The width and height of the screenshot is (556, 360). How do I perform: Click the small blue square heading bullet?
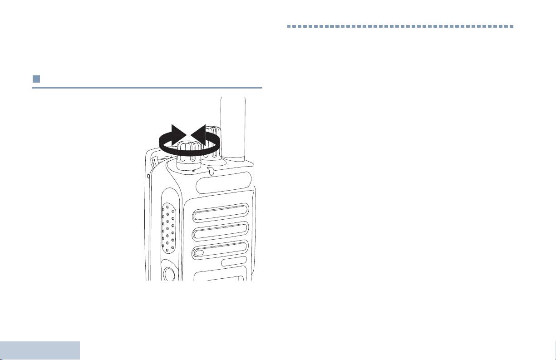pyautogui.click(x=36, y=79)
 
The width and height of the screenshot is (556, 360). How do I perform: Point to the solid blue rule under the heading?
pyautogui.click(x=147, y=88)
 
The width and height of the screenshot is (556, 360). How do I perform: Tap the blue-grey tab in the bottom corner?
pyautogui.click(x=40, y=350)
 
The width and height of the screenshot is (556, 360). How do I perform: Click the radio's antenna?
pyautogui.click(x=233, y=127)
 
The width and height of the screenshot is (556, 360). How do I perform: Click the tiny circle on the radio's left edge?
pyautogui.click(x=148, y=176)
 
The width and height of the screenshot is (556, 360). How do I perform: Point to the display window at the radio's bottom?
pyautogui.click(x=220, y=276)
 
